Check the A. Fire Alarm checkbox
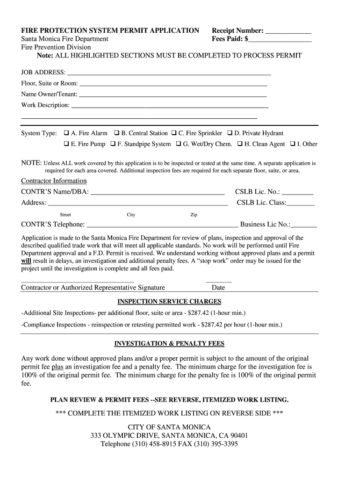point(66,133)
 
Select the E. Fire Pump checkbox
point(66,144)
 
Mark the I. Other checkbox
point(293,144)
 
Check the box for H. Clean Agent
point(240,144)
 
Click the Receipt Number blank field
point(288,31)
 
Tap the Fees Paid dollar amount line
point(280,39)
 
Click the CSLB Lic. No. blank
point(298,192)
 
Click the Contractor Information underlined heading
point(54,181)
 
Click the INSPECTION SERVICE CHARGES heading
point(169,302)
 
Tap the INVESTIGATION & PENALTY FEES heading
point(169,344)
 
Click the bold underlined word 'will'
point(26,261)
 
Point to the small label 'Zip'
point(194,215)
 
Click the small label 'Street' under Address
point(65,215)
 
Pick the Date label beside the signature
point(218,288)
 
